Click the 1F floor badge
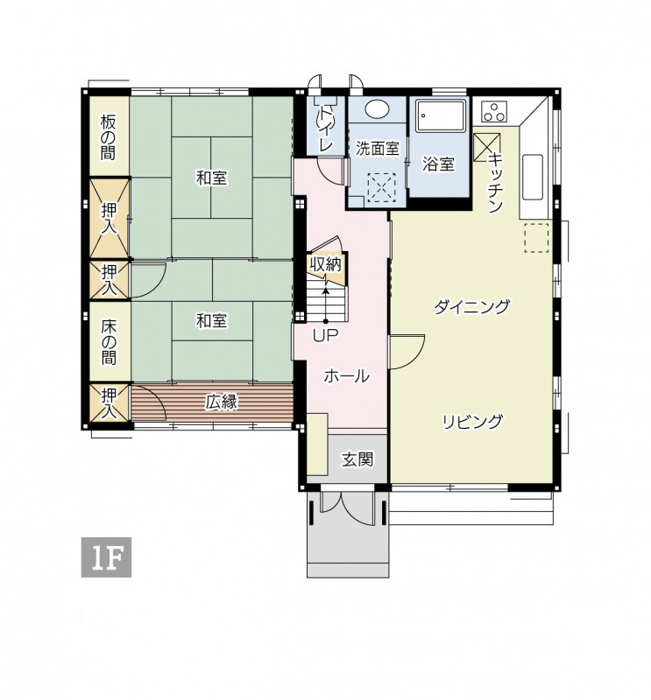point(106,557)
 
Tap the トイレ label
point(325,128)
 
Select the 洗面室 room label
point(378,149)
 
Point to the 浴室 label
point(439,164)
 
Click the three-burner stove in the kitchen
point(494,111)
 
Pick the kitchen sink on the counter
point(532,178)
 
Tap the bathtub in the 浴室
point(441,115)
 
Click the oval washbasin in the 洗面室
point(378,108)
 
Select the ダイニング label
point(471,307)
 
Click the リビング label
point(472,422)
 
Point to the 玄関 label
point(357,459)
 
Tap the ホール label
point(346,376)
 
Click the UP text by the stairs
point(325,335)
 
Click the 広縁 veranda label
point(222,402)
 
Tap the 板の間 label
point(108,137)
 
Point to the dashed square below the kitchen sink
point(536,238)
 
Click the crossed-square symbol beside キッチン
point(486,147)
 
